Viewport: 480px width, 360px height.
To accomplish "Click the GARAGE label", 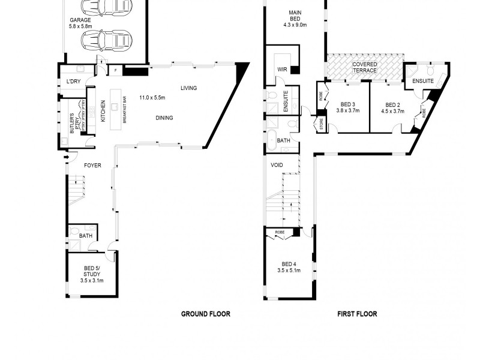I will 80,20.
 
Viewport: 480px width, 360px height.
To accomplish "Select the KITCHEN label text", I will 103,110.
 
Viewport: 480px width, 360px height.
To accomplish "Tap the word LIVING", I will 188,89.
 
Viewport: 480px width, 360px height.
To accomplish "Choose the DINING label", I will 164,118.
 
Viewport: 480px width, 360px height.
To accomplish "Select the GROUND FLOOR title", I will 206,314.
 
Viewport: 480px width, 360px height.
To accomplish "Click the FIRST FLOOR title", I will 357,314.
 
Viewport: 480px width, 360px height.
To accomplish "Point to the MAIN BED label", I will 295,16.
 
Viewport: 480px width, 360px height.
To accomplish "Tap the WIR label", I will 281,70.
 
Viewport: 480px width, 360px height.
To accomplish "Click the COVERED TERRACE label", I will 364,67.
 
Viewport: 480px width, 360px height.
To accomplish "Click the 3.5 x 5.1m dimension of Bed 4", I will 289,271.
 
